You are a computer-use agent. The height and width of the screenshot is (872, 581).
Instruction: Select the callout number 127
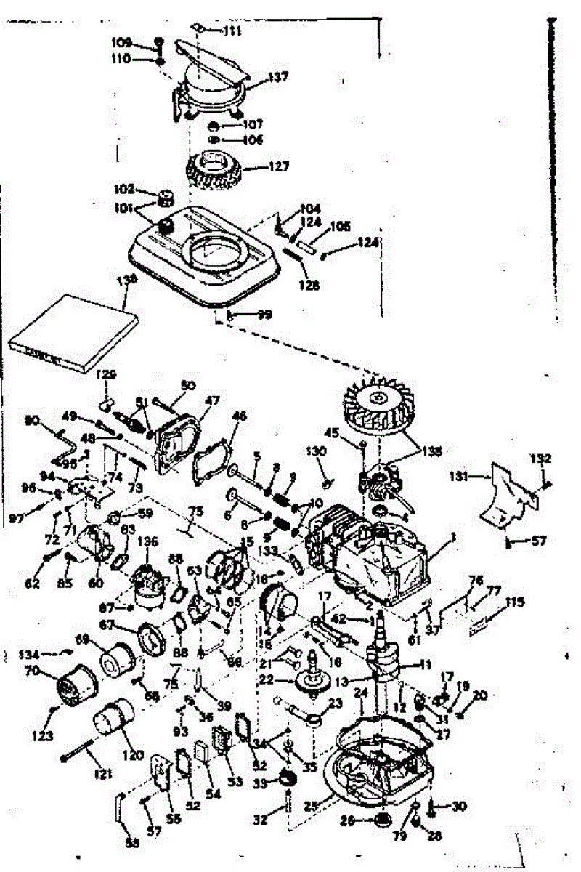pyautogui.click(x=279, y=166)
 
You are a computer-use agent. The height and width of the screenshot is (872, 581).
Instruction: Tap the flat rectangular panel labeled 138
pyautogui.click(x=73, y=330)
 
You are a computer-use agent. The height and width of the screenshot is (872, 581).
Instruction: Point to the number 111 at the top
pyautogui.click(x=232, y=32)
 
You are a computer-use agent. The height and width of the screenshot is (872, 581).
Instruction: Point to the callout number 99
pyautogui.click(x=264, y=314)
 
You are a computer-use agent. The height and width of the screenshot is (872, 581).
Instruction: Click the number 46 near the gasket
pyautogui.click(x=239, y=416)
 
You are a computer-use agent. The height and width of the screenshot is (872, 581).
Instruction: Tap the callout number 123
pyautogui.click(x=43, y=736)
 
